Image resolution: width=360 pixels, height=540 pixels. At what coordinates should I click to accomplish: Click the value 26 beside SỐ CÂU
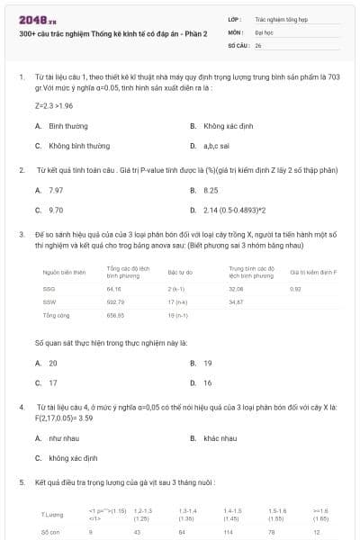pyautogui.click(x=258, y=44)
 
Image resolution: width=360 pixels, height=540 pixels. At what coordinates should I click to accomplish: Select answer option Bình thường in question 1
pyautogui.click(x=68, y=126)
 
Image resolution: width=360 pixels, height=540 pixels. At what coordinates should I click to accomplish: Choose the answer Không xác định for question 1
pyautogui.click(x=225, y=126)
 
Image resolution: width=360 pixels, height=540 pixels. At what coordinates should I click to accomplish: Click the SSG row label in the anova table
pyautogui.click(x=49, y=289)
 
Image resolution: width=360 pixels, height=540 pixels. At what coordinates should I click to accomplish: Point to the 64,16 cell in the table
pyautogui.click(x=113, y=289)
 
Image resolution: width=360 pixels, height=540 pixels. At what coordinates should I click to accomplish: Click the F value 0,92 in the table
pyautogui.click(x=295, y=289)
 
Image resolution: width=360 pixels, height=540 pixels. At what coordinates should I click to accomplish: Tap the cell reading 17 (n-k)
pyautogui.click(x=176, y=302)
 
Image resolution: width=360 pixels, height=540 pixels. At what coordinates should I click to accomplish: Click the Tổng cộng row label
pyautogui.click(x=56, y=316)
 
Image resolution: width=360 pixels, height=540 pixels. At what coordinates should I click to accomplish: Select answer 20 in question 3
pyautogui.click(x=53, y=363)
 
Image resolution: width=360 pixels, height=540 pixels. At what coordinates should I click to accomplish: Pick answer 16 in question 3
pyautogui.click(x=208, y=382)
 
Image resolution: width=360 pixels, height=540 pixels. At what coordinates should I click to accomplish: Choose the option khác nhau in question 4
pyautogui.click(x=220, y=438)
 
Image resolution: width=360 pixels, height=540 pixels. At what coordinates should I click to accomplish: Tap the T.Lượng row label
pyautogui.click(x=52, y=514)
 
